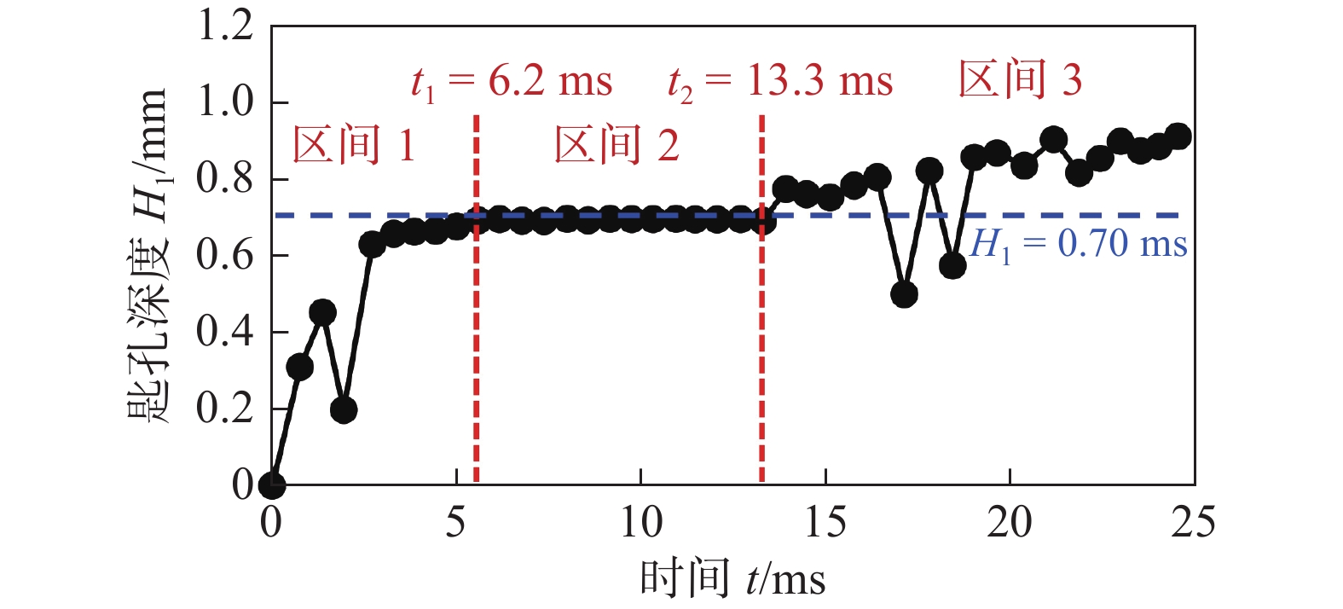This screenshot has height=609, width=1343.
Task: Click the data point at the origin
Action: coord(272,485)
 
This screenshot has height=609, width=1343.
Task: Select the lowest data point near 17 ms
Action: coord(904,295)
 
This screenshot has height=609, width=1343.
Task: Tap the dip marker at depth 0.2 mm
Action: coord(344,410)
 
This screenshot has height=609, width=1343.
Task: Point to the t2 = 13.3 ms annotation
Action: coord(780,83)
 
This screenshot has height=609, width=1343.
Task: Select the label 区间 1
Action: coord(354,145)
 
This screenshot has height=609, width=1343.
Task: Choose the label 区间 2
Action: coord(617,145)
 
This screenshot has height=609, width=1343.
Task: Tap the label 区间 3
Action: coord(1020,80)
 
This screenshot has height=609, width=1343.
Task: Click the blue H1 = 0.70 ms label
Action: coord(1079,245)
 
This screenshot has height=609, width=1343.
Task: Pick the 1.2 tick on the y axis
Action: coord(225,26)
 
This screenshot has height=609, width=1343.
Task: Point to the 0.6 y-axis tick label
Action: coord(225,255)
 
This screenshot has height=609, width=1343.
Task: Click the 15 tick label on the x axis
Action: coord(825,522)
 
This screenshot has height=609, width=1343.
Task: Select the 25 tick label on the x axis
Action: coord(1193,522)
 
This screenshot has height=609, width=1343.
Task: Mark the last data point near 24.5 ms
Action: coord(1178,136)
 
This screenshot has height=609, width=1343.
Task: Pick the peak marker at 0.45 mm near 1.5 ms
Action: coord(322,312)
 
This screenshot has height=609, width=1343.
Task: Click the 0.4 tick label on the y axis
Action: coord(225,332)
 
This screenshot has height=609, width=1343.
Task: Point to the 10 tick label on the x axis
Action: coord(640,522)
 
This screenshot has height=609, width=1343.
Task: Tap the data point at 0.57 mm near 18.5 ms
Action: coord(952,266)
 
